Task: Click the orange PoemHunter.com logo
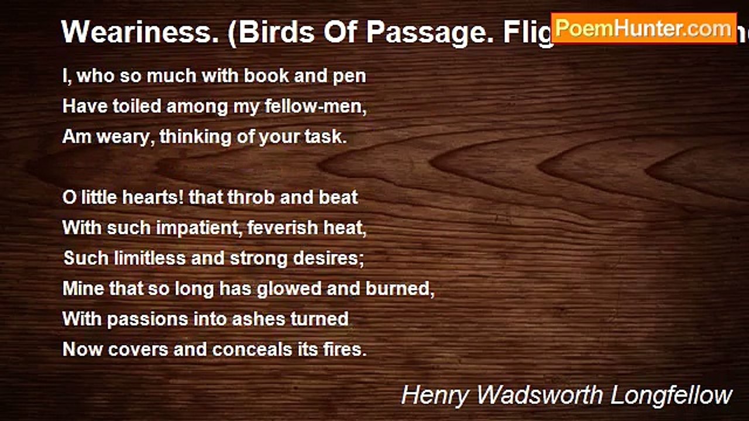pyautogui.click(x=644, y=28)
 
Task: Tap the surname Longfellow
pyautogui.click(x=672, y=395)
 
